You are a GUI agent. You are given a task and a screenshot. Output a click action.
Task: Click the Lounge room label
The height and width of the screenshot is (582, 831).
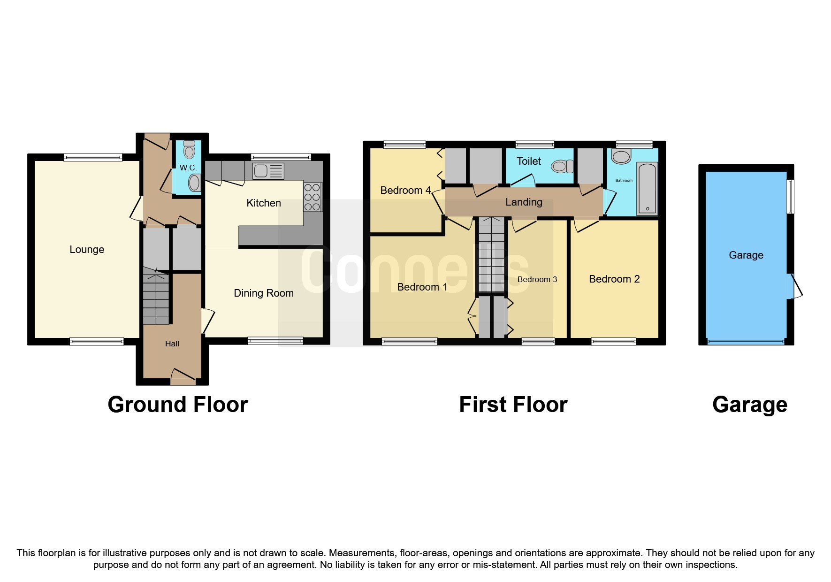click(87, 250)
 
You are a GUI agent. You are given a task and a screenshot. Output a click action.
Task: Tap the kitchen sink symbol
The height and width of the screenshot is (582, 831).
click(268, 171)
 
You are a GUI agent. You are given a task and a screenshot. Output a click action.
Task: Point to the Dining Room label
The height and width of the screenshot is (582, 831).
click(264, 293)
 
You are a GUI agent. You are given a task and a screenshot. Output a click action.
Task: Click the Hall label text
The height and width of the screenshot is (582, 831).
click(172, 344)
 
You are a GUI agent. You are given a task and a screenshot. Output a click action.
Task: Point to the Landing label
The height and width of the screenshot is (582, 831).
click(524, 202)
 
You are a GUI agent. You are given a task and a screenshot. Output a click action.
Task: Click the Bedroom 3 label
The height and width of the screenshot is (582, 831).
click(537, 280)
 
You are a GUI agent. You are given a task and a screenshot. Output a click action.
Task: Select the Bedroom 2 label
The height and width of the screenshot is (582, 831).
click(614, 279)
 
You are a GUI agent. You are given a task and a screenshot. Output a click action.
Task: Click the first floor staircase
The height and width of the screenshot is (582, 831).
click(491, 256)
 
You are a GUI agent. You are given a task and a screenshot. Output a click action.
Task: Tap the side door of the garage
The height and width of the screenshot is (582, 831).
click(795, 286)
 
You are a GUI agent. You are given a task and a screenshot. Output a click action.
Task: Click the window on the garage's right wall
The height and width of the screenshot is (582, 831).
click(791, 197)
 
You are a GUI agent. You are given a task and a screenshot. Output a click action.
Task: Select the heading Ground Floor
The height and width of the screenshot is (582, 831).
click(178, 405)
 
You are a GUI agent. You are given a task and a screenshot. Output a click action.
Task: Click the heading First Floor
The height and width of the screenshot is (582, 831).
click(513, 405)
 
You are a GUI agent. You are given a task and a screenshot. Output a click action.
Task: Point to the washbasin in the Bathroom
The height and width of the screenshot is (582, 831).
click(621, 157)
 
